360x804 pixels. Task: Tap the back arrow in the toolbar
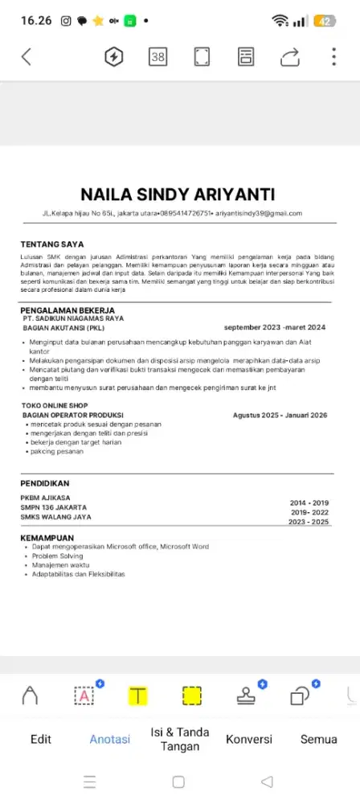pos(27,56)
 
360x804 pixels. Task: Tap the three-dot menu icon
pos(333,56)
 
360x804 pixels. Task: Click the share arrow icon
pos(290,56)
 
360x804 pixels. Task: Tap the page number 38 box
pos(158,56)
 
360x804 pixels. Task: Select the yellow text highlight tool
pos(139,695)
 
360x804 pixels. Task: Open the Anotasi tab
pos(109,739)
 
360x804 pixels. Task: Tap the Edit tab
pos(41,739)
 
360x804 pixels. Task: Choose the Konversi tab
pos(249,739)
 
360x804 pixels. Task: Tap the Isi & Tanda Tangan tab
pos(180,739)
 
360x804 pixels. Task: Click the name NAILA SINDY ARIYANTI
pos(178,195)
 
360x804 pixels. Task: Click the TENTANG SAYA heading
pos(52,244)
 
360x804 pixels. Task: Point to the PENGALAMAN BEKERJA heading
pos(67,310)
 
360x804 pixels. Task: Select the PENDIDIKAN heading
pos(45,483)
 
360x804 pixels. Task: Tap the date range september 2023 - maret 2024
pos(274,327)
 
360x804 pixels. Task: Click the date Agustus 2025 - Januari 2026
pos(280,415)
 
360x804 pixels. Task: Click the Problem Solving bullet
pos(57,556)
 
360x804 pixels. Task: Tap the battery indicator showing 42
pos(325,20)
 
